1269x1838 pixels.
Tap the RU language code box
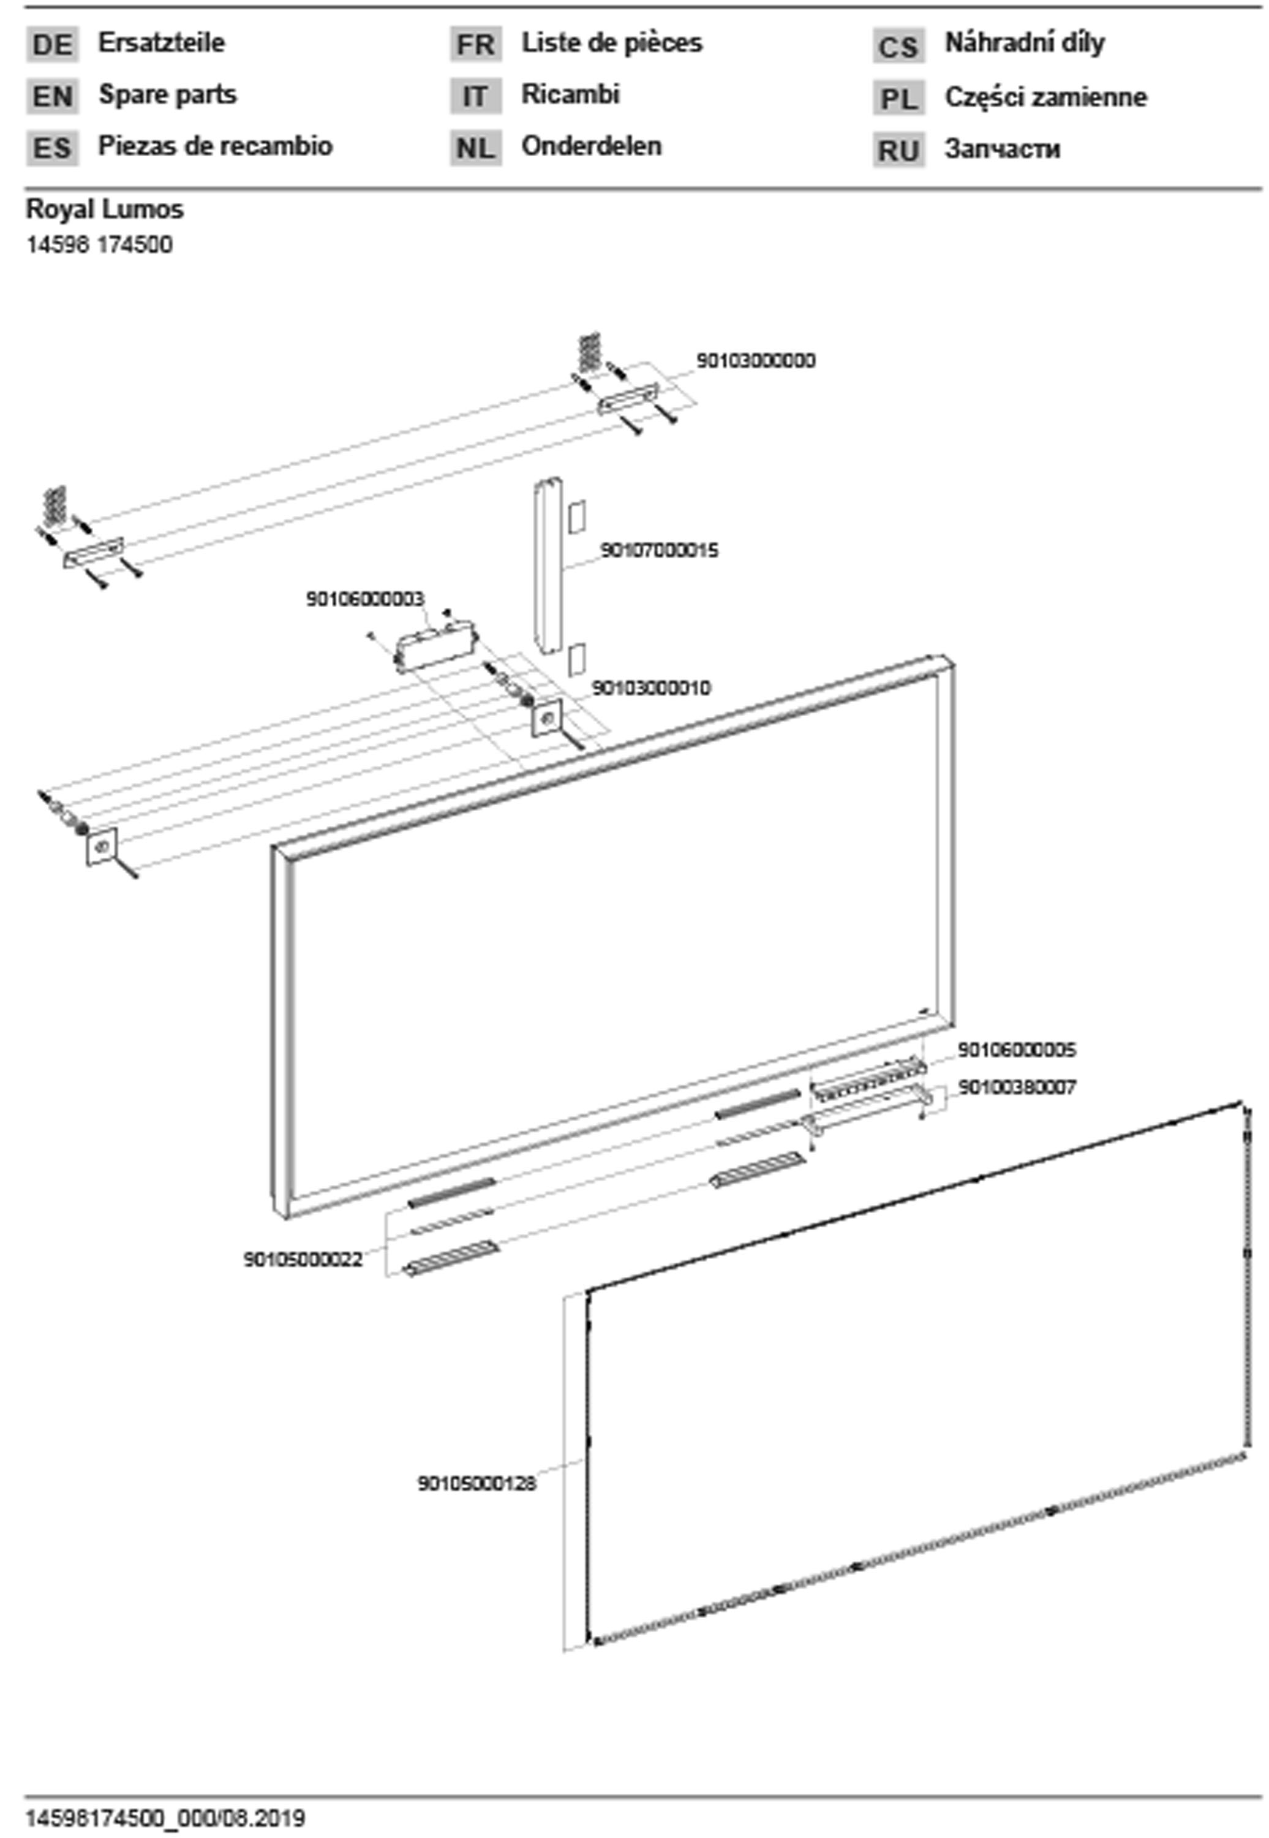898,150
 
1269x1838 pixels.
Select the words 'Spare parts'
167,94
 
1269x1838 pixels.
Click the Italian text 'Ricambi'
570,94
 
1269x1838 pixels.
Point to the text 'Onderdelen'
591,146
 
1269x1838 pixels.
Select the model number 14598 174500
99,244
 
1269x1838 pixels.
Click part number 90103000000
755,361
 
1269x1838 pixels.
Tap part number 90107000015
659,550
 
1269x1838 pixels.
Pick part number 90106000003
365,599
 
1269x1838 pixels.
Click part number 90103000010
651,688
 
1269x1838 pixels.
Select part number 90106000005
1016,1050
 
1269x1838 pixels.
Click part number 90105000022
303,1259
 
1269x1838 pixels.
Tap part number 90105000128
477,1483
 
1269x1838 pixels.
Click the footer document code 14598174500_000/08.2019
165,1818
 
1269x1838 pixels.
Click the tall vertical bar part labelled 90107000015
547,565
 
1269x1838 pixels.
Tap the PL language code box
898,99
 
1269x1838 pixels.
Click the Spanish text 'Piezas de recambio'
215,146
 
